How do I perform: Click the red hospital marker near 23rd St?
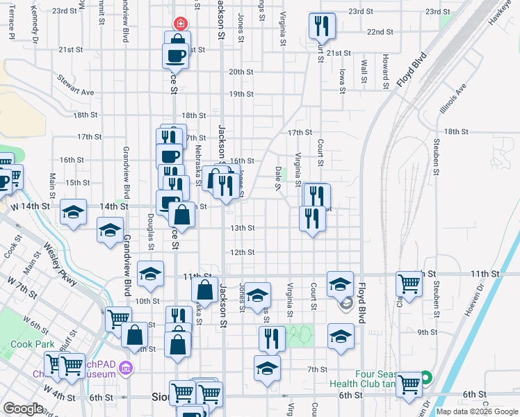181,24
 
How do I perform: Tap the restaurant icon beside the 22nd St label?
322,27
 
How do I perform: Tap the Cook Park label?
32,344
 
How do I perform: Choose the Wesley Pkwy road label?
59,262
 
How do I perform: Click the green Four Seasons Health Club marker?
427,379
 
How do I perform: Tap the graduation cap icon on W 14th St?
73,212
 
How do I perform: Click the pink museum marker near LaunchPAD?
125,367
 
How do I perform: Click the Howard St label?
385,67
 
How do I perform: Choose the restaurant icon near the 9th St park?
272,338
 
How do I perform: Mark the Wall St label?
364,70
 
